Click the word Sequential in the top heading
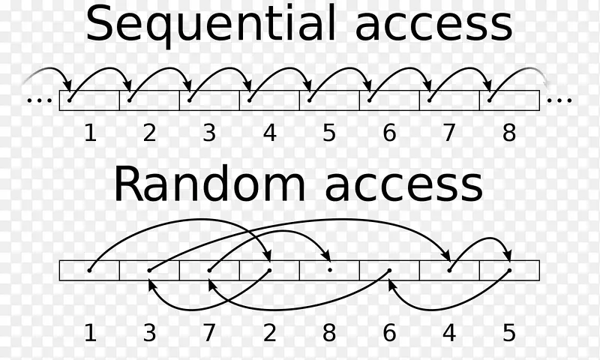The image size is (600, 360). coord(209,24)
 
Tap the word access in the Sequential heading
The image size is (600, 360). coord(433,24)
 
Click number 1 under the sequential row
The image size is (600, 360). coord(90,133)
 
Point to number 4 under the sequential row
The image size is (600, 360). coord(269,133)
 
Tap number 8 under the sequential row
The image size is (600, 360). coord(509,133)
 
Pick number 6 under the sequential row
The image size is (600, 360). coord(389,133)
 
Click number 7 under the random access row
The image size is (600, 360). coord(209,333)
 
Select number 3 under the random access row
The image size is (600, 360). coord(149,333)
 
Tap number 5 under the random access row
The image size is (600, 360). coord(509,333)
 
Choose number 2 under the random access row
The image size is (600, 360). coord(269,333)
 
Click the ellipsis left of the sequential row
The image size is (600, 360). coord(37,100)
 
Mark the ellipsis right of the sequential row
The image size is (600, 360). coord(560,100)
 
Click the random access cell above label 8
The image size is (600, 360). coord(329,270)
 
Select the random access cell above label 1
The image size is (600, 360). coord(89,270)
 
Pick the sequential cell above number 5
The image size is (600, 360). coord(329,100)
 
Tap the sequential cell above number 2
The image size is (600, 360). coord(149,100)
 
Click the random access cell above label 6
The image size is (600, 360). coord(389,270)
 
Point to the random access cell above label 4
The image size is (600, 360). coord(449,270)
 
